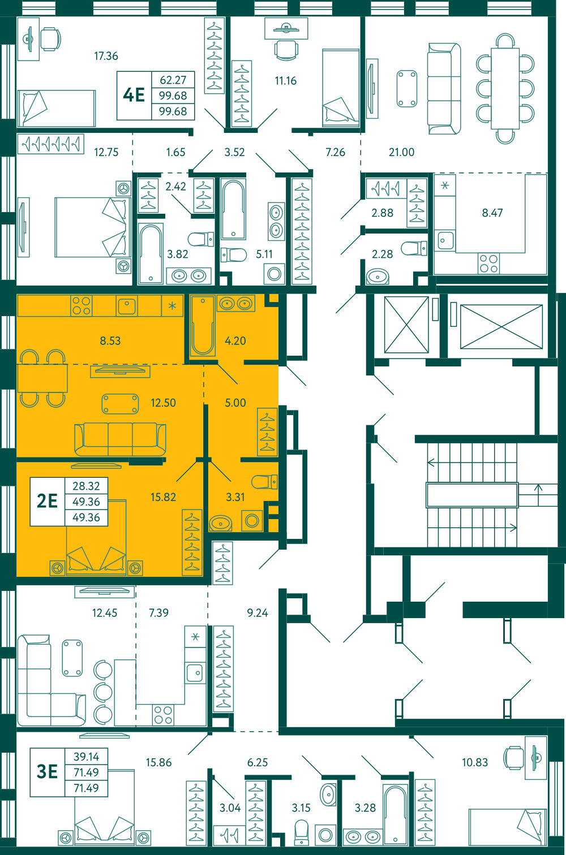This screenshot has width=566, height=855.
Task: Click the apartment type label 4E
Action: tap(134, 95)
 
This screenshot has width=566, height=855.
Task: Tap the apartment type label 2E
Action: tap(47, 501)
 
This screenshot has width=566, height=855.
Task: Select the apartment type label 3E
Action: tap(47, 771)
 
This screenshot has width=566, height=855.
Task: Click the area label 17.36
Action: tap(106, 56)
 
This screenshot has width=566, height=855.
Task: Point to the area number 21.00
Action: tap(401, 152)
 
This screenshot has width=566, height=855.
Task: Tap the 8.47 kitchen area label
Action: tap(492, 213)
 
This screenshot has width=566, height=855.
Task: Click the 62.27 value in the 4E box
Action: tap(173, 80)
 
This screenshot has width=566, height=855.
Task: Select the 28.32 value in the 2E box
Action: tap(87, 486)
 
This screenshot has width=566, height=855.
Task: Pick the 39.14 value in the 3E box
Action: tap(87, 756)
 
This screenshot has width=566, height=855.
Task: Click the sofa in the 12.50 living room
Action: tap(120, 439)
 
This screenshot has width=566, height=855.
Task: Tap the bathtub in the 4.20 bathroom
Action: tap(203, 325)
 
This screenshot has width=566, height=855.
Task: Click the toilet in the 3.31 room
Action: tap(264, 482)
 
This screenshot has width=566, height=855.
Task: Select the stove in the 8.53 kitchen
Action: tap(82, 306)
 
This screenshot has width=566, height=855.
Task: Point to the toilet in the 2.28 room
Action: tap(414, 248)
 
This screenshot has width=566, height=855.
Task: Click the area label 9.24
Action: tap(257, 612)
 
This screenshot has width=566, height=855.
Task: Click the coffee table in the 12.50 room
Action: tap(120, 404)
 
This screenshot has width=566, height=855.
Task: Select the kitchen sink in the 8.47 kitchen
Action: tap(445, 240)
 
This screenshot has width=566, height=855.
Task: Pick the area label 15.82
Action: tap(163, 497)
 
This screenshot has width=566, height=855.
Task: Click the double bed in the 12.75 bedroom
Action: tap(91, 227)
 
